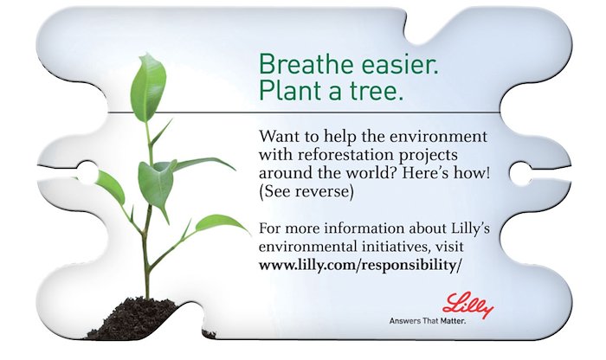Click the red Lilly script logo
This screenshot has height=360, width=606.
[467, 305]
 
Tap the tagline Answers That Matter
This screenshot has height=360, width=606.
[428, 321]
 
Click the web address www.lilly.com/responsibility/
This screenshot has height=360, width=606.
[360, 266]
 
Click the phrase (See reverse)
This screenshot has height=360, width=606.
[306, 191]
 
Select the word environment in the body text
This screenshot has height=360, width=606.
[438, 137]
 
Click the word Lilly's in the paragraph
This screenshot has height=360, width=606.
[470, 228]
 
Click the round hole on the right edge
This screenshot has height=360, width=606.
[520, 173]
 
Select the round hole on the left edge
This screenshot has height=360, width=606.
[87, 172]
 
